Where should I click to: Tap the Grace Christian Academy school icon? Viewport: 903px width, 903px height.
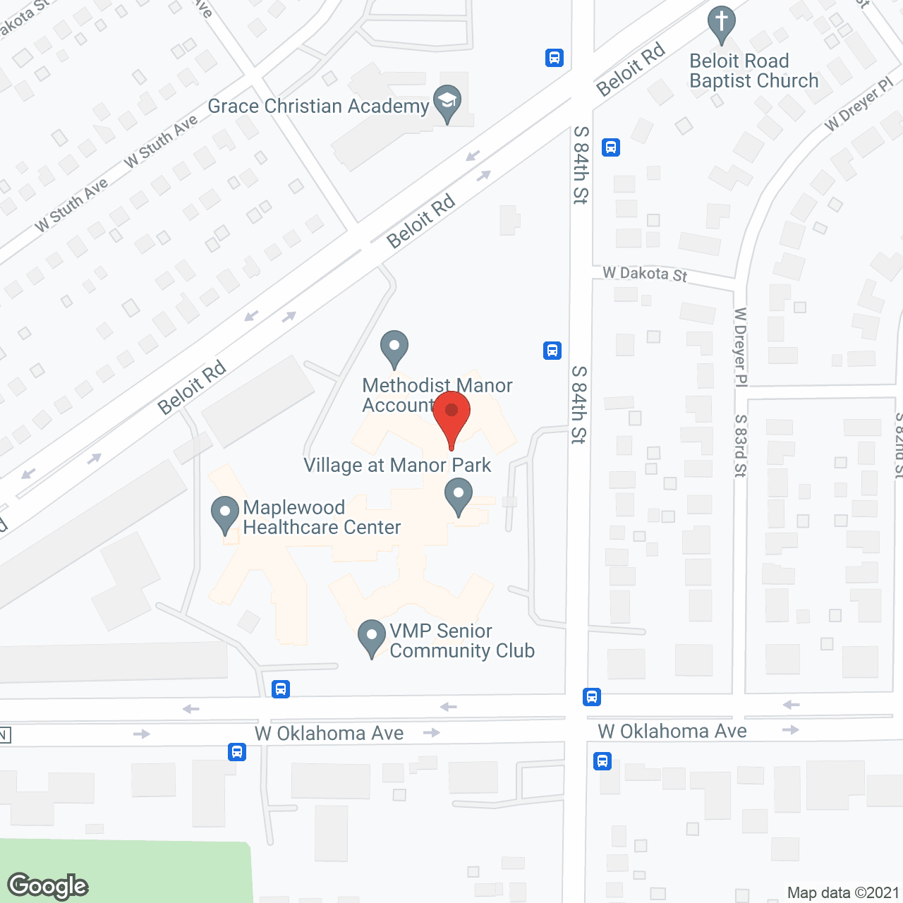(x=447, y=103)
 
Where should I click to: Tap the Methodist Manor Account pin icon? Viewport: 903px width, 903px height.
(x=394, y=348)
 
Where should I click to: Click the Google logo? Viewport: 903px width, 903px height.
(x=48, y=886)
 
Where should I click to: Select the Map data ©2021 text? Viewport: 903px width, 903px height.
(x=843, y=893)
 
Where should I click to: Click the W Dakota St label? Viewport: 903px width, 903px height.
(x=645, y=274)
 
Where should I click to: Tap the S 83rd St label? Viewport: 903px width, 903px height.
(x=740, y=445)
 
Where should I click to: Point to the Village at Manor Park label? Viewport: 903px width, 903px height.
(x=397, y=466)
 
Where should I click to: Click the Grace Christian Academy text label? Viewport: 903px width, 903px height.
(x=318, y=107)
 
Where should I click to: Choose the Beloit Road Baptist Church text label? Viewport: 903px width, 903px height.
(x=753, y=71)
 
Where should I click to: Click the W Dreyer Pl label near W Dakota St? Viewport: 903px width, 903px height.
(x=740, y=346)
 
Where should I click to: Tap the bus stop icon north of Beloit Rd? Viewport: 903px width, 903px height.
(x=554, y=58)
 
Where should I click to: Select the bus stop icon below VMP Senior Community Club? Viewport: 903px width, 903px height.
(x=281, y=689)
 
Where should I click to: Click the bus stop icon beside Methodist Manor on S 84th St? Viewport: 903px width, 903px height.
(x=552, y=350)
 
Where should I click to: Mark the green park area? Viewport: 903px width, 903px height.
(x=127, y=871)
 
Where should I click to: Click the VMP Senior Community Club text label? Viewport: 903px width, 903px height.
(x=461, y=641)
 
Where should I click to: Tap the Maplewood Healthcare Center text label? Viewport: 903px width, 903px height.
(x=321, y=517)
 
